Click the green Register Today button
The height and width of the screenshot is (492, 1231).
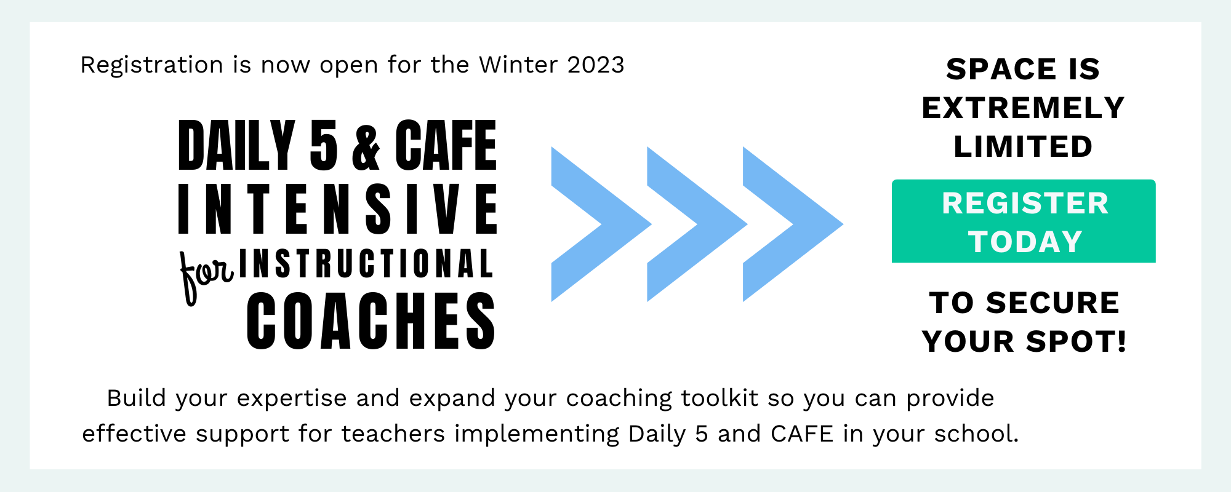(x=1024, y=221)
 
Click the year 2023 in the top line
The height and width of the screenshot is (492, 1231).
(x=596, y=65)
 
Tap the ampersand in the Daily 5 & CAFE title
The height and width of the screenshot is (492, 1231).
(x=366, y=146)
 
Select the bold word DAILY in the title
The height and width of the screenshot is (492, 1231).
(x=237, y=145)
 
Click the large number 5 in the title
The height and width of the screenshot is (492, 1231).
(x=324, y=145)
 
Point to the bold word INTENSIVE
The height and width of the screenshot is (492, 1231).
(x=338, y=209)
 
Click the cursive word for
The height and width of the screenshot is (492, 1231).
(x=206, y=276)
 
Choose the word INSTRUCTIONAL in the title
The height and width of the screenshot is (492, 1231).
(x=366, y=264)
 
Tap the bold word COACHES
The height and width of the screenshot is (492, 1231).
(x=371, y=321)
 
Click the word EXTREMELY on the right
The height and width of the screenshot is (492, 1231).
(x=1023, y=108)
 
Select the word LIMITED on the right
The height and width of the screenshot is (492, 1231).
(x=1023, y=147)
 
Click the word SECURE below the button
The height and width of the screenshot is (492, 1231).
(x=1053, y=303)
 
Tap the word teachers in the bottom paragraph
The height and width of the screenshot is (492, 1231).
(x=393, y=434)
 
